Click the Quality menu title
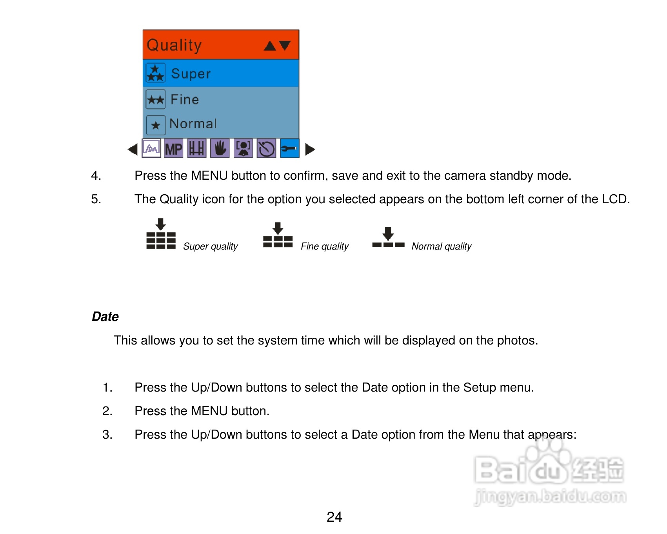174,46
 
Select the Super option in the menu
191,74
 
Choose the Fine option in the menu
185,99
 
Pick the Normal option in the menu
193,124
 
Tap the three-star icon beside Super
156,73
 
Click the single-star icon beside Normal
156,125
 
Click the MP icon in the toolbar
173,149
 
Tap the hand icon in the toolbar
220,149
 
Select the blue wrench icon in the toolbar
290,148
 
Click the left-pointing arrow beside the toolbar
133,149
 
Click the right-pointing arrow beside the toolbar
310,149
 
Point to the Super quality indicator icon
161,234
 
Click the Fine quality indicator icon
278,235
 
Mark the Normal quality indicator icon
388,237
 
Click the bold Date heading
105,317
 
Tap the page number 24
334,517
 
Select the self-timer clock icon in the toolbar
267,149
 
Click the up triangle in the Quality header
270,46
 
